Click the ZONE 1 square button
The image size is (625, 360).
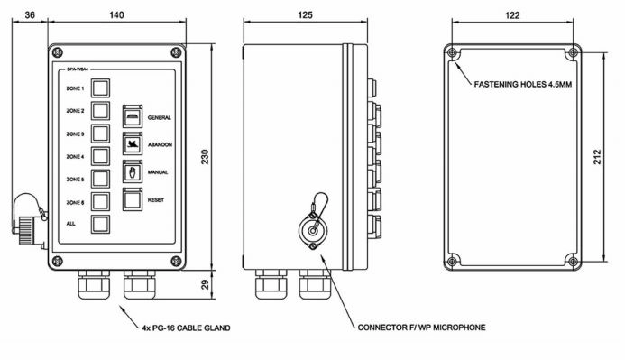coord(101,88)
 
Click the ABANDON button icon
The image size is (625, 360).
coord(132,143)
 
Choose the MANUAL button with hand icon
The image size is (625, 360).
coord(132,171)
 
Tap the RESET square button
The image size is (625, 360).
coord(132,199)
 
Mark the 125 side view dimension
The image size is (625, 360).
coord(307,14)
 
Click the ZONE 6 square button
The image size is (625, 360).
coord(101,200)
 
